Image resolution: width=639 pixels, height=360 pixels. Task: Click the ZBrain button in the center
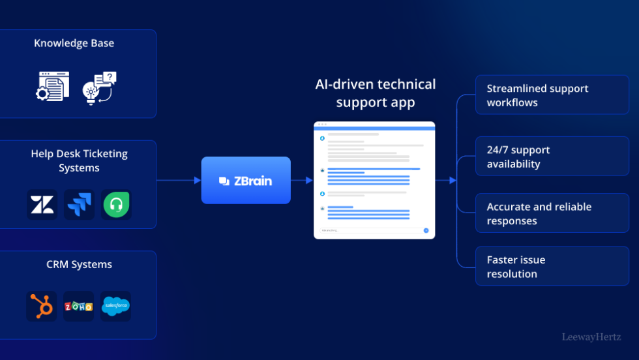(x=245, y=181)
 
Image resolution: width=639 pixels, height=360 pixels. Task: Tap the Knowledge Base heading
(x=74, y=43)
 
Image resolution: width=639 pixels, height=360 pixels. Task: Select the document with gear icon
(x=52, y=86)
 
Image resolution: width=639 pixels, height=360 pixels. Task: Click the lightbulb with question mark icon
(x=99, y=87)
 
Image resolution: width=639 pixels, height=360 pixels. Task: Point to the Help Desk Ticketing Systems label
(x=79, y=160)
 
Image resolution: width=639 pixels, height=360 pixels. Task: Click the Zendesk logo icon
(x=42, y=205)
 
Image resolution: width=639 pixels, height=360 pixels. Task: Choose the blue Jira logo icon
(x=79, y=205)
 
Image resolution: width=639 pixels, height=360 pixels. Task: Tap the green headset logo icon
(x=116, y=205)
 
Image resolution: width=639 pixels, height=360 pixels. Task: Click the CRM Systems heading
(x=79, y=264)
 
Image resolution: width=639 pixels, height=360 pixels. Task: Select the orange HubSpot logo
(x=42, y=306)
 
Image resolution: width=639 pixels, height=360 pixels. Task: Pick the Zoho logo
(x=78, y=306)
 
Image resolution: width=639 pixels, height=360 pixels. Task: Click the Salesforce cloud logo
(x=115, y=306)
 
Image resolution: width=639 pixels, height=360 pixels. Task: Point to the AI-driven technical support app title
(x=375, y=93)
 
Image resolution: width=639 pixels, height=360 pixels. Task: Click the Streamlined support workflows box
(x=552, y=95)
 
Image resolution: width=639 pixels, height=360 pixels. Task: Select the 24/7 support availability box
(x=552, y=157)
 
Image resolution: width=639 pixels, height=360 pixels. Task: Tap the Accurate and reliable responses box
(x=552, y=213)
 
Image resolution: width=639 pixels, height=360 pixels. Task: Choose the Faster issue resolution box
(x=552, y=266)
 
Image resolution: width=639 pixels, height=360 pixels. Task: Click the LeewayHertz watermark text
(x=591, y=337)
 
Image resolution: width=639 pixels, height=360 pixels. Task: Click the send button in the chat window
(x=426, y=230)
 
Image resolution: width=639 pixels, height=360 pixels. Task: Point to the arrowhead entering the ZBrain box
(x=198, y=181)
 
